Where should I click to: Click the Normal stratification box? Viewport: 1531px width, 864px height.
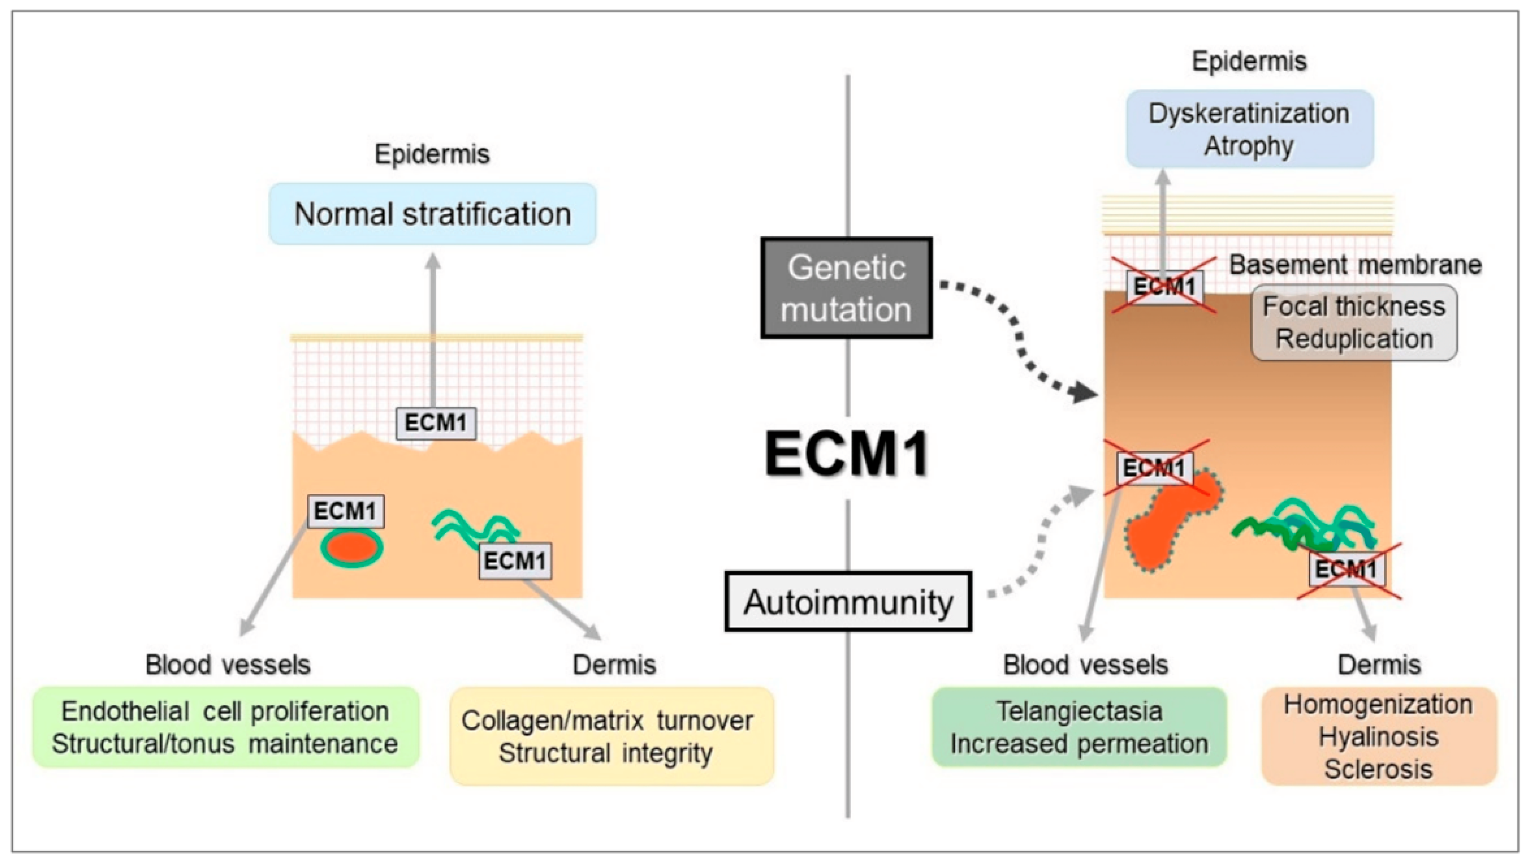[432, 214]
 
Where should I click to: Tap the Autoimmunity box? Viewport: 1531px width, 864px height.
[847, 602]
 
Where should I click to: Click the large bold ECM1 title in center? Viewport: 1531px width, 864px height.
[847, 455]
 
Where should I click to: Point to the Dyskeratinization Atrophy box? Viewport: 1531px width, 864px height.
[1249, 129]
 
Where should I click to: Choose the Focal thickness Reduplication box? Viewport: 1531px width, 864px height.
[1354, 323]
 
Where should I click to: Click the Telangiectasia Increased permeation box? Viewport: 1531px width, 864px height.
[1079, 727]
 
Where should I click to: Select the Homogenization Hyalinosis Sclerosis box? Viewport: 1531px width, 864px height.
[1378, 736]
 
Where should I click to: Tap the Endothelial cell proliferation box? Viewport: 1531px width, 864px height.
[225, 727]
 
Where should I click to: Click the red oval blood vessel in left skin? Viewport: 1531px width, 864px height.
[351, 547]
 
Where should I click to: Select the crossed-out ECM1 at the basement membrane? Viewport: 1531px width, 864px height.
[1164, 288]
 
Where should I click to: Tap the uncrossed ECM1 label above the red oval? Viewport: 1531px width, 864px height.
[345, 511]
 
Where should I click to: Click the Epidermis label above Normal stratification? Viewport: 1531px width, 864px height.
[432, 154]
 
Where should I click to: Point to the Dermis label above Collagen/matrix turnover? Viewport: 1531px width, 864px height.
[614, 665]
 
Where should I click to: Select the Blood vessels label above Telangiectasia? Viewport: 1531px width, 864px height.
[1085, 665]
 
